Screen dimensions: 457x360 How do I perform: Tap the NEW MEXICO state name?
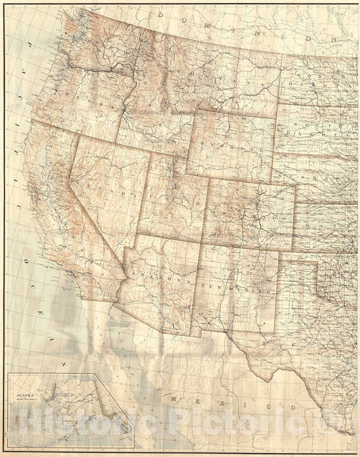click(238, 288)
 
